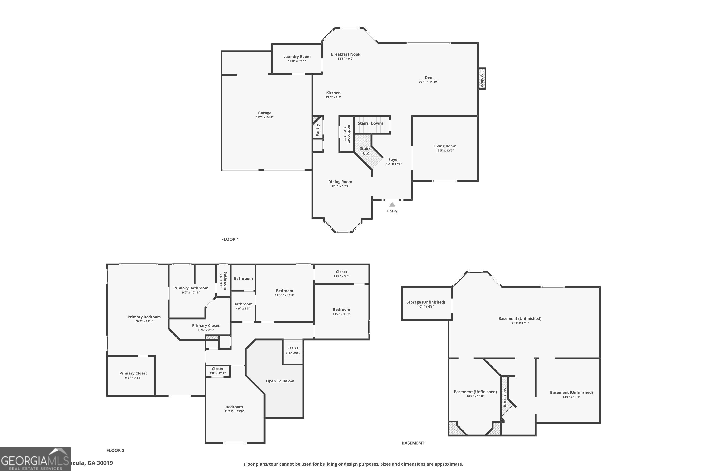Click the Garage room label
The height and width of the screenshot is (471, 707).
[264, 113]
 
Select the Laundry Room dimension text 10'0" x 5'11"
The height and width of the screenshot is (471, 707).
[297, 61]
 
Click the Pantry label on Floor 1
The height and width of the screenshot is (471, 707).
[317, 130]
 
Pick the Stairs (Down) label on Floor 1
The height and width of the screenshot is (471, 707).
[370, 123]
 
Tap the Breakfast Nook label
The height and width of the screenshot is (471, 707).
[345, 54]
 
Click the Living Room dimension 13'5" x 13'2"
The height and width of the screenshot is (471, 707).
[444, 150]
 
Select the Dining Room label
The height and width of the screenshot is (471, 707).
[340, 182]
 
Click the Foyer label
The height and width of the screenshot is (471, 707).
[394, 159]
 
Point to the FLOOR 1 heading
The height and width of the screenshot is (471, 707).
[230, 239]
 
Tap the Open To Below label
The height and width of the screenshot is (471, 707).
[280, 381]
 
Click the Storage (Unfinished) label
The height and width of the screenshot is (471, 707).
[426, 302]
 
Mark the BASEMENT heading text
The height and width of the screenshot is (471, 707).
[413, 443]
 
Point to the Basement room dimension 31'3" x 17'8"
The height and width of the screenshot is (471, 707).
[519, 323]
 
